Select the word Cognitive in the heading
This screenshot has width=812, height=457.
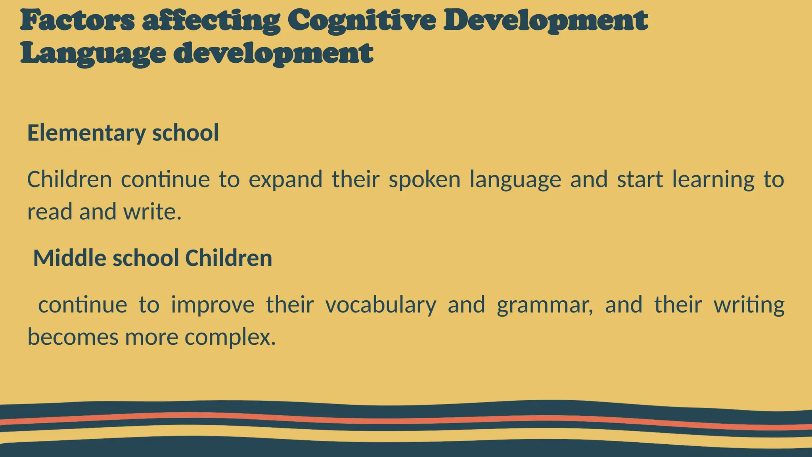click(361, 21)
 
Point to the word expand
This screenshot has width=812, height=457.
click(285, 180)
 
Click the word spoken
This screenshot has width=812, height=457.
click(424, 180)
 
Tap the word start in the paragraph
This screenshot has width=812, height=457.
click(640, 180)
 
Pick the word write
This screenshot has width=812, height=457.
click(152, 211)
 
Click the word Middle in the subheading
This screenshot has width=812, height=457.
click(70, 258)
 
